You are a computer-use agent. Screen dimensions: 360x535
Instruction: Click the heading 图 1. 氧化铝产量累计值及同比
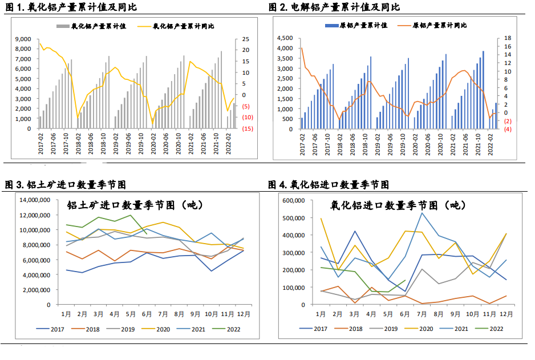[x=71, y=7]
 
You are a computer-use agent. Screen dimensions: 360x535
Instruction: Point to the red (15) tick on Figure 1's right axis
[x=248, y=129]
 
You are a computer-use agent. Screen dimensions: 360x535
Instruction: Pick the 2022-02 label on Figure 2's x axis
[x=492, y=140]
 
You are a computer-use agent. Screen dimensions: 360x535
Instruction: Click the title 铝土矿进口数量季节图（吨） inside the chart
[x=135, y=205]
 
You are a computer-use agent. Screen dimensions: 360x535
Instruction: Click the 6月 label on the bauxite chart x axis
[x=148, y=314]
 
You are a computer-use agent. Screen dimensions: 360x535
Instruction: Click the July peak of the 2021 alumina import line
[x=422, y=213]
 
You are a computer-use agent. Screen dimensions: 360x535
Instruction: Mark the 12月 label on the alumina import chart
[x=505, y=314]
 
